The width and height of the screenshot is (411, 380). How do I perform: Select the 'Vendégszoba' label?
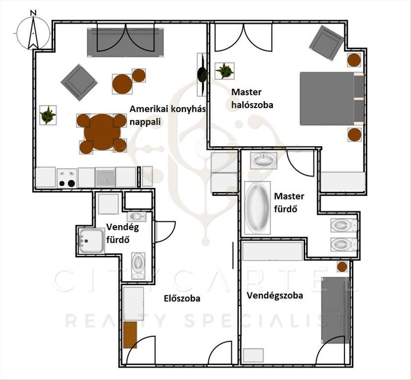[275, 295]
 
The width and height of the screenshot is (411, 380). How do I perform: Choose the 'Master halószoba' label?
[252, 98]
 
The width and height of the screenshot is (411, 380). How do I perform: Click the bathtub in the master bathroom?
[257, 207]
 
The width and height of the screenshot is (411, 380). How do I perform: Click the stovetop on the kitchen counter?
[67, 178]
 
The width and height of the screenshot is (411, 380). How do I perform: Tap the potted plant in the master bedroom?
[224, 71]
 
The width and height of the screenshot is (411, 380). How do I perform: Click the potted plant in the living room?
[48, 115]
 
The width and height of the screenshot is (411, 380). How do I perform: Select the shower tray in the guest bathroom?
[90, 241]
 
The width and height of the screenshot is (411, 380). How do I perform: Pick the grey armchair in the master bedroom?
[326, 43]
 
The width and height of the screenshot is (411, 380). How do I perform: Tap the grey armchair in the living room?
[79, 82]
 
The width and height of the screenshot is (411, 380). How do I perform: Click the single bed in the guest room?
[335, 310]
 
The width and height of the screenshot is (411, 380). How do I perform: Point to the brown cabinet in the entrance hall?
[130, 335]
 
